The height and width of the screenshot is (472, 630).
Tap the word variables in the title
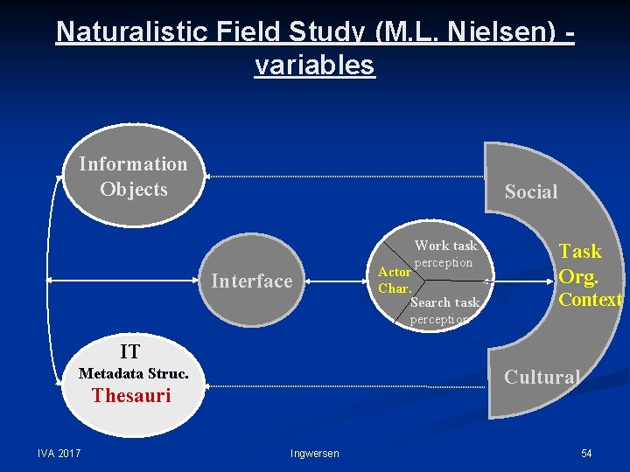(314, 65)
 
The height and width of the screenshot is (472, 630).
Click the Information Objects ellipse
(133, 177)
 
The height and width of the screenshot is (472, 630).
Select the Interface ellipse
(251, 281)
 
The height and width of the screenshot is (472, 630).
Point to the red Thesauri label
(131, 395)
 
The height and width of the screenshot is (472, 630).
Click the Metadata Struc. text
(133, 373)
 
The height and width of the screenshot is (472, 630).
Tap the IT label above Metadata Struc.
(129, 352)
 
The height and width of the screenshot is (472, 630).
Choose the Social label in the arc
(530, 192)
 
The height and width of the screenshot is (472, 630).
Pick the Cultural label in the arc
(542, 377)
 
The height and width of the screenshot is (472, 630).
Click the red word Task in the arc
(580, 252)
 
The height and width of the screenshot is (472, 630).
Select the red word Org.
(578, 277)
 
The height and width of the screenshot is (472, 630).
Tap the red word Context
(590, 300)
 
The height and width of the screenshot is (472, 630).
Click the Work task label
(445, 246)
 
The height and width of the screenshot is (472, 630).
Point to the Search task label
(444, 302)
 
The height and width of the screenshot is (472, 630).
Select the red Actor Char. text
(394, 280)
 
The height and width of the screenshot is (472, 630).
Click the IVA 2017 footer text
(59, 452)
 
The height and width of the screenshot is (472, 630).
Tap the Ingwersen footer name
(314, 453)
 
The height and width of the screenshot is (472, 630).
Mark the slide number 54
(586, 453)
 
